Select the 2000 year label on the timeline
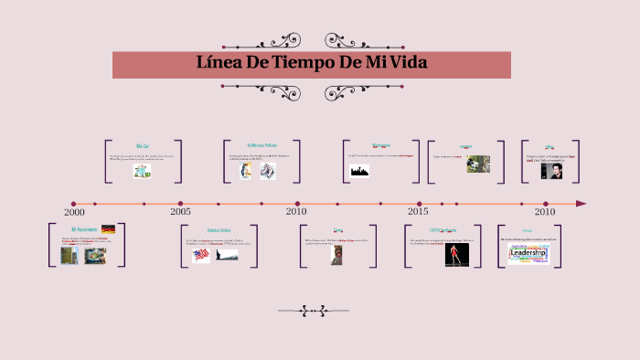tap(74, 212)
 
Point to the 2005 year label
tap(180, 211)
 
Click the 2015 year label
tap(418, 211)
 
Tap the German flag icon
tap(108, 229)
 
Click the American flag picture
tap(201, 256)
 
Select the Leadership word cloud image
tap(528, 254)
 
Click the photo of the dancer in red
tap(452, 255)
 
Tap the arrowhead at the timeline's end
tap(581, 204)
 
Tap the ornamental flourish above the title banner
tap(311, 41)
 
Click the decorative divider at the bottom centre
tap(313, 311)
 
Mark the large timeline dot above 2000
tap(73, 204)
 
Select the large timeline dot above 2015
tap(420, 204)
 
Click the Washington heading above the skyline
tap(381, 145)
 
